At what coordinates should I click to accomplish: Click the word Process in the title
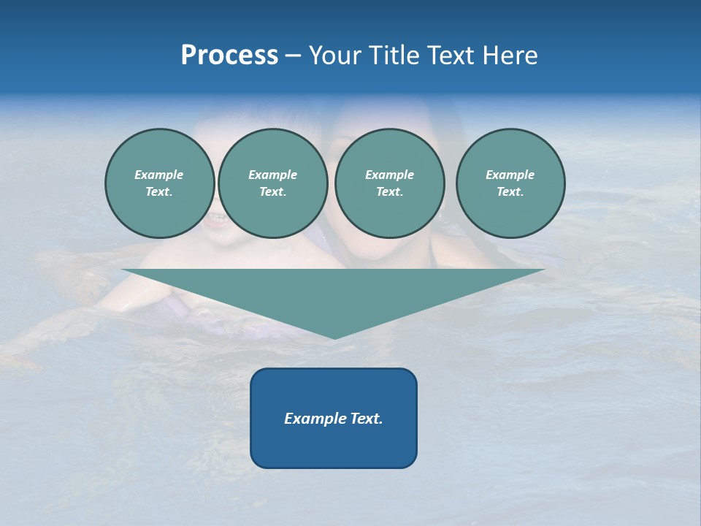coord(229,56)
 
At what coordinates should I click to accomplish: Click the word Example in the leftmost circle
coord(159,175)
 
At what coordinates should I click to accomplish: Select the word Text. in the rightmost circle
coord(510,191)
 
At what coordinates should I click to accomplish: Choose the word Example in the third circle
coord(389,175)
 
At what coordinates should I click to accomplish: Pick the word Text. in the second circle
coord(272,191)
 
